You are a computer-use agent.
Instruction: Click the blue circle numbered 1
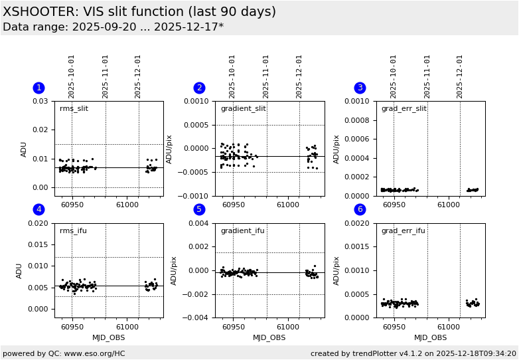pyautogui.click(x=38, y=88)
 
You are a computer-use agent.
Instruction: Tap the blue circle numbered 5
pyautogui.click(x=199, y=210)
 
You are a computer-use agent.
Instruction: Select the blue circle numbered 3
pyautogui.click(x=360, y=88)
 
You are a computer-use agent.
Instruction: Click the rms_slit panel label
pyautogui.click(x=74, y=109)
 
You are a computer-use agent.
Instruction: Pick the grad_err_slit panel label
pyautogui.click(x=404, y=109)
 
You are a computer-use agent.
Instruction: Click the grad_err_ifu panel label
pyautogui.click(x=403, y=231)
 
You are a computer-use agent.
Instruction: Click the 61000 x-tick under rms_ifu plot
pyautogui.click(x=127, y=327)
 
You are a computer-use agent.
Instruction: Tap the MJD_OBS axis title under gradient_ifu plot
pyautogui.click(x=269, y=337)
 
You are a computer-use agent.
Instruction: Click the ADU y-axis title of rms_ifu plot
pyautogui.click(x=19, y=270)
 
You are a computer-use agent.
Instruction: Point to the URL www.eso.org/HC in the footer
pyautogui.click(x=93, y=353)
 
